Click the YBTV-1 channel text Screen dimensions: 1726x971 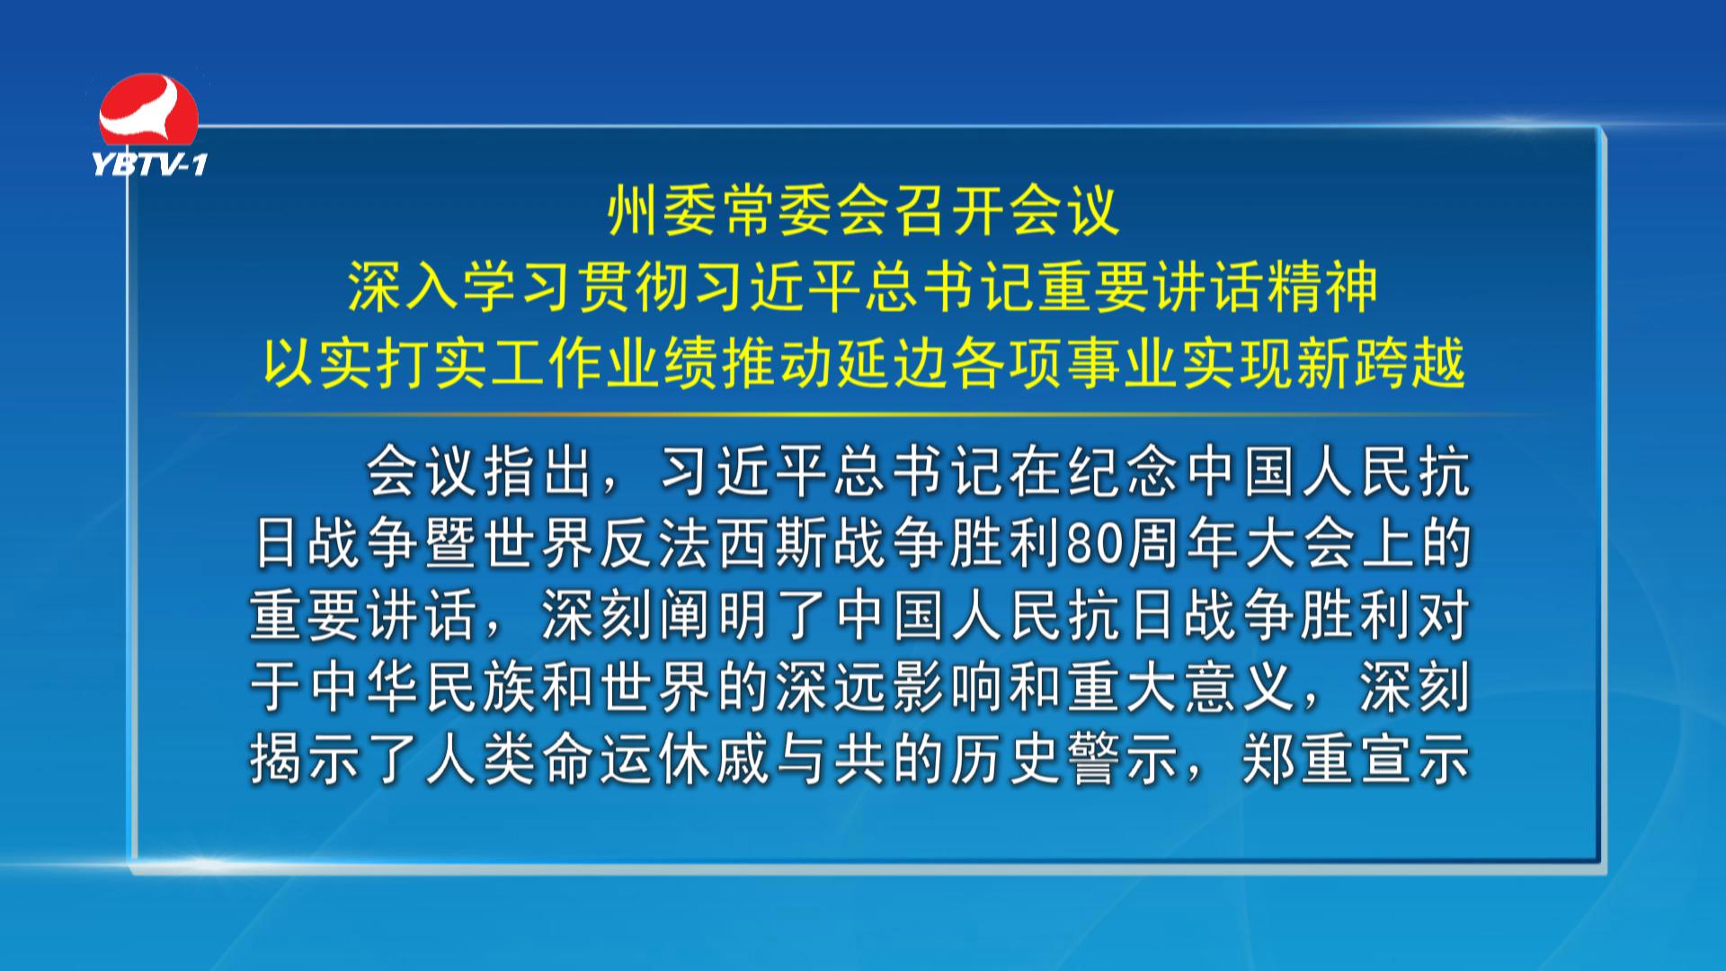pos(150,164)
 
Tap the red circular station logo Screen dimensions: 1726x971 pos(148,110)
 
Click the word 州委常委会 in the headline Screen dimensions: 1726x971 pos(749,211)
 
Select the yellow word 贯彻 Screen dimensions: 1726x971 pos(634,288)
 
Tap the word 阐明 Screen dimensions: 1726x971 pos(716,616)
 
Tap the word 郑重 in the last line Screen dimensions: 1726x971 pos(1297,760)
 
